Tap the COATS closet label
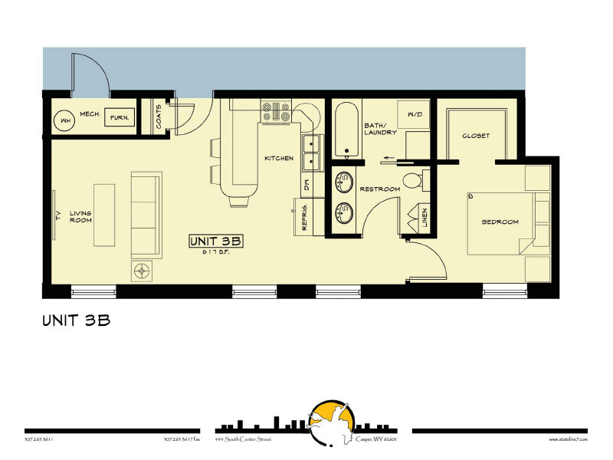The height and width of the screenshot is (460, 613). pos(158,117)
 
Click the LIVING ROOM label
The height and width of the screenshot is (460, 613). pos(80,217)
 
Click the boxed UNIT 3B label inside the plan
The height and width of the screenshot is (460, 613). pos(215,241)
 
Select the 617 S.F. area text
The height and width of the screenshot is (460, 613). pos(215,251)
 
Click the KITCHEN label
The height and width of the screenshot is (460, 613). pos(278,159)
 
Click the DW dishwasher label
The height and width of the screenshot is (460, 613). pos(305,184)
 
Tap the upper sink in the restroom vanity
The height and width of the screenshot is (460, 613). pos(343,182)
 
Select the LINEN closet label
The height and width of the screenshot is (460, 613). pos(425,220)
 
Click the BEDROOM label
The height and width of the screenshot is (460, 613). pos(500,222)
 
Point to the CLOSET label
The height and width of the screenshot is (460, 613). pos(476,136)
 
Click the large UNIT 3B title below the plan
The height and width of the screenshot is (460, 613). pos(77,320)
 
